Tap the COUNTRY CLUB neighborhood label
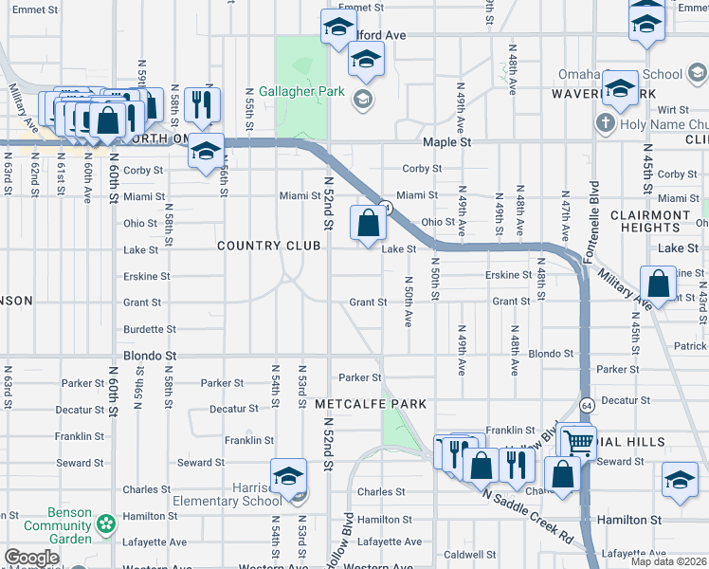(265, 246)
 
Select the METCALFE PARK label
(371, 404)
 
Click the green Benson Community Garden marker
(106, 523)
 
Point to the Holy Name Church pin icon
(605, 123)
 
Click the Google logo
(31, 559)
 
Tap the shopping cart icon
(577, 440)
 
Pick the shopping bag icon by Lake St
(369, 225)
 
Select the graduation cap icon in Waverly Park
(620, 88)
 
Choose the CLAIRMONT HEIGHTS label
(650, 221)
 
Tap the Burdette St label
(150, 329)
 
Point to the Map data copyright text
(669, 561)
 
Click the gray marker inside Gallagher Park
(361, 99)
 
